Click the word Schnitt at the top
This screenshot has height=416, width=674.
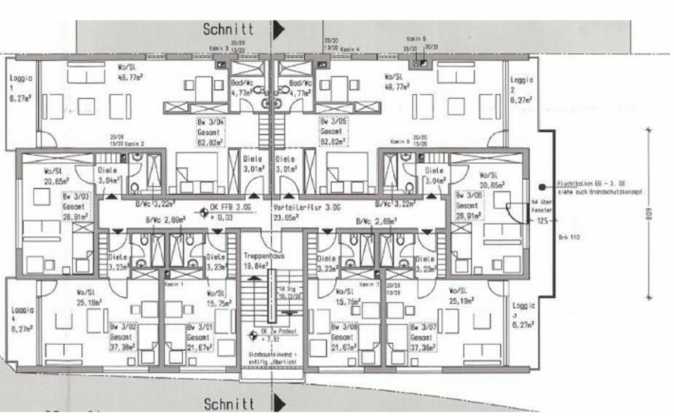229,29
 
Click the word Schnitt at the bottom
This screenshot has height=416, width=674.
229,404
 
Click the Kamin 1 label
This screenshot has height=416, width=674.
173,283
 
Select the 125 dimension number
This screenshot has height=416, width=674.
542,220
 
